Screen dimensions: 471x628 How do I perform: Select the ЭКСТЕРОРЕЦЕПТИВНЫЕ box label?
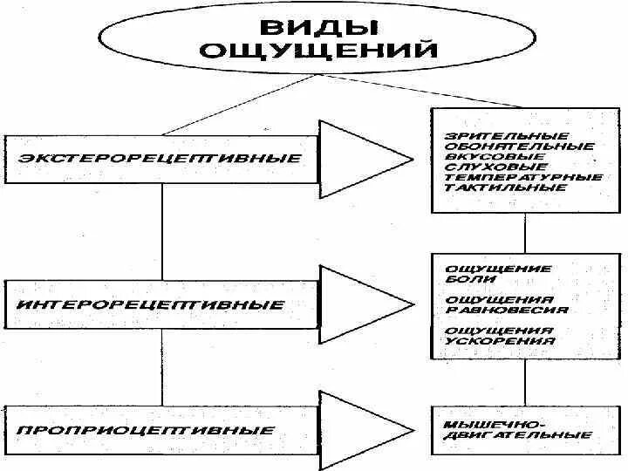point(159,159)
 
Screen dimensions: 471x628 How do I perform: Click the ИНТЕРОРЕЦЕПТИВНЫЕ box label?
point(151,305)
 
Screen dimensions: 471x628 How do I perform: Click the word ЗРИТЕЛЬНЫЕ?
point(495,136)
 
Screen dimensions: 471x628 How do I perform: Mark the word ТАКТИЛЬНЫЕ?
point(495,188)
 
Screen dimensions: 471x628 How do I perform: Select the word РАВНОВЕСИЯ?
point(506,310)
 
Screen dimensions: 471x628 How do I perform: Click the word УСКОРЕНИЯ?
point(499,341)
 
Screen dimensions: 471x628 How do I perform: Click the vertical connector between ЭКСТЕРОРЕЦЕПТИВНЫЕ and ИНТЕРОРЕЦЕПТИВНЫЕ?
point(163,232)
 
